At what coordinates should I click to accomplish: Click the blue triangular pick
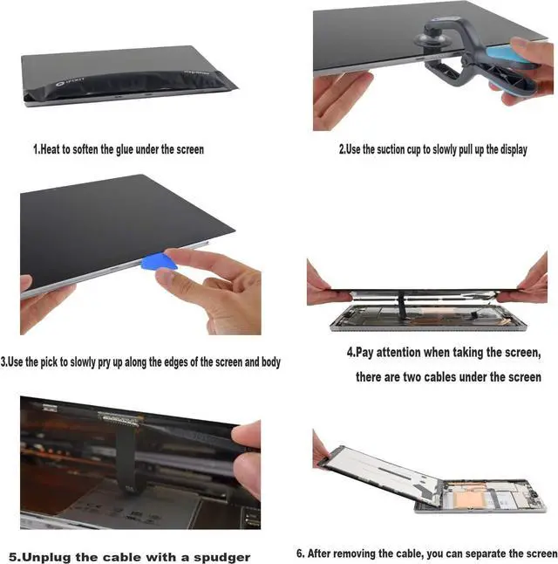pyautogui.click(x=158, y=263)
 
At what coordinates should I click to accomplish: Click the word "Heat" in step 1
pyautogui.click(x=50, y=149)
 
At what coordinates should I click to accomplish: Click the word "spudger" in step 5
pyautogui.click(x=222, y=558)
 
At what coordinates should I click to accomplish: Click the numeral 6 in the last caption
pyautogui.click(x=300, y=554)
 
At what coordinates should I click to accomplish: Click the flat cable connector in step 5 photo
pyautogui.click(x=120, y=417)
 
